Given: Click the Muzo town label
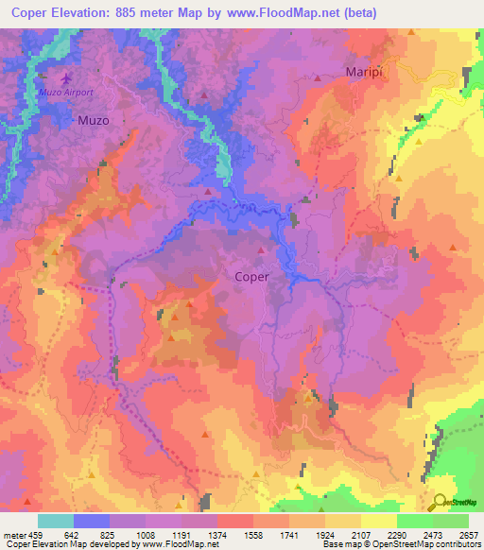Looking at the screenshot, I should pos(93,121).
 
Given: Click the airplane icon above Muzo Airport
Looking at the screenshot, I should pos(65,78).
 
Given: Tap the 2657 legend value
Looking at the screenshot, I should pos(470,534).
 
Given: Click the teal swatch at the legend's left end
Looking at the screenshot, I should pos(55,521).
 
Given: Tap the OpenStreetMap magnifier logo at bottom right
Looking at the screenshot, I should pos(439,502).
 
